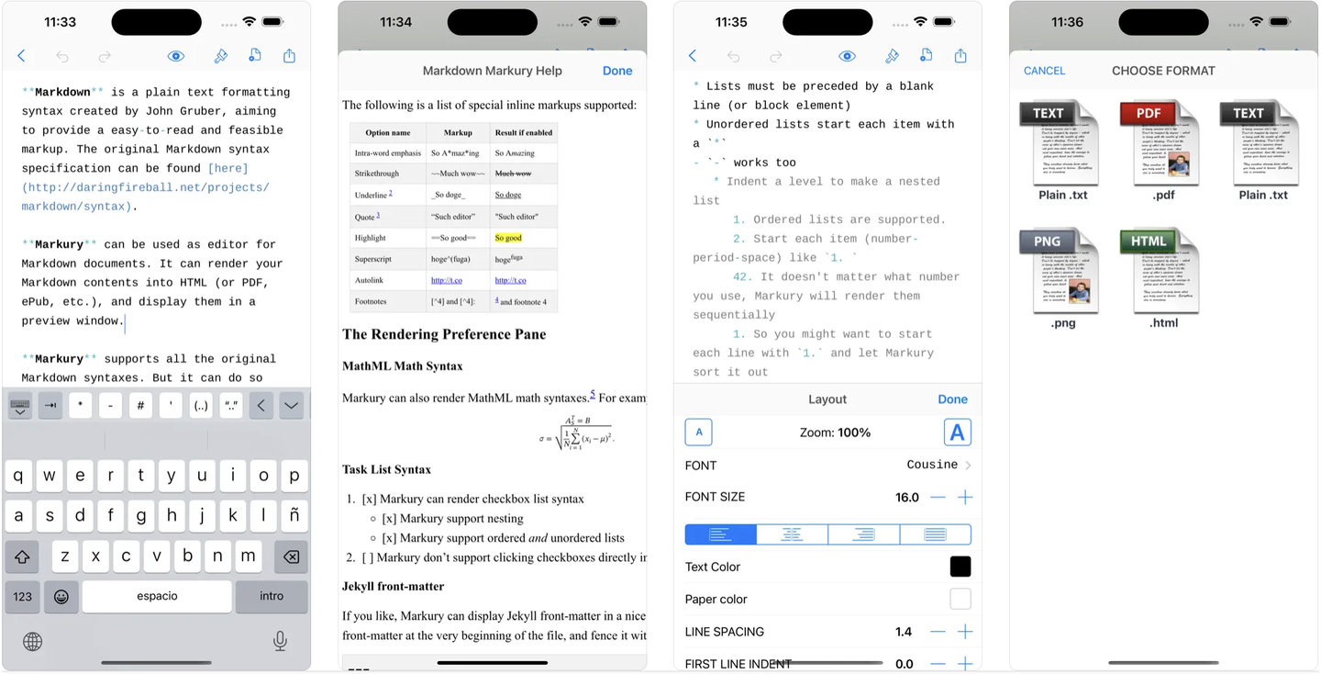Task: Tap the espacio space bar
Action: coord(157,596)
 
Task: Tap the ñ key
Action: coord(294,515)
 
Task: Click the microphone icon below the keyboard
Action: coord(280,641)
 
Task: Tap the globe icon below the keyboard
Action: coord(32,641)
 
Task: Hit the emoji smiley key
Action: coord(61,596)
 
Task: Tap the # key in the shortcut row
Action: coord(140,405)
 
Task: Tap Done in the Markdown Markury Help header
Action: coord(616,71)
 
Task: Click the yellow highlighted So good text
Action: coord(508,238)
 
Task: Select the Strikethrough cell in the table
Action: coord(377,174)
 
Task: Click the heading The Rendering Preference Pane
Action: coord(444,334)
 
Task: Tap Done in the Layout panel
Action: coord(952,399)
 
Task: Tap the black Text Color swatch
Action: coord(960,567)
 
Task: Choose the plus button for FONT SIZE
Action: coord(965,498)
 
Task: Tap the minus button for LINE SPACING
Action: coord(938,632)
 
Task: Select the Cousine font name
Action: coord(932,466)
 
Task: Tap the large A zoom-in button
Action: coord(957,432)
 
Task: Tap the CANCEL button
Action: coord(1044,71)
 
